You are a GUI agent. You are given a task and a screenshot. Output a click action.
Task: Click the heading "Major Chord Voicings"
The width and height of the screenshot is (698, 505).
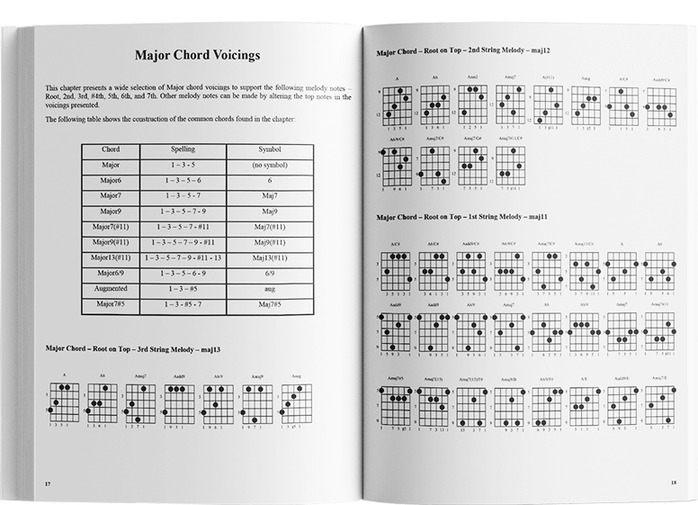pyautogui.click(x=197, y=55)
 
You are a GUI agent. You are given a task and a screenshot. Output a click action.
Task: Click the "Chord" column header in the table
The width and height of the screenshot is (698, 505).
pyautogui.click(x=112, y=149)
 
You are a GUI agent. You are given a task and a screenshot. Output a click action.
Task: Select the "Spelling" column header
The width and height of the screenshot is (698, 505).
pyautogui.click(x=188, y=149)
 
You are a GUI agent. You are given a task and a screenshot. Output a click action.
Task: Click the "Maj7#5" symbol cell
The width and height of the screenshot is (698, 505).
pyautogui.click(x=265, y=305)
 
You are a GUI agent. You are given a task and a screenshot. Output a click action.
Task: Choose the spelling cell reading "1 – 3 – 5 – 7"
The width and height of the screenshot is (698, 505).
pyautogui.click(x=188, y=196)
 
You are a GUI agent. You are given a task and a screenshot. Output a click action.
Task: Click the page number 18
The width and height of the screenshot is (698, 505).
pyautogui.click(x=674, y=482)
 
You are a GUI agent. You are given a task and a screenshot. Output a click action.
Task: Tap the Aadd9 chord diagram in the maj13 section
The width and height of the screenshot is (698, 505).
pyautogui.click(x=179, y=402)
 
